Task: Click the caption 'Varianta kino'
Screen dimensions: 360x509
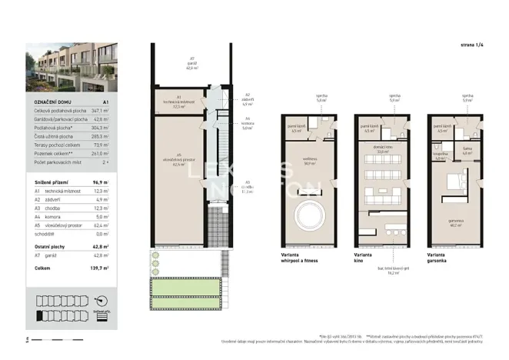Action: point(364,258)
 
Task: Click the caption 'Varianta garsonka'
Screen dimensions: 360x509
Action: point(438,258)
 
